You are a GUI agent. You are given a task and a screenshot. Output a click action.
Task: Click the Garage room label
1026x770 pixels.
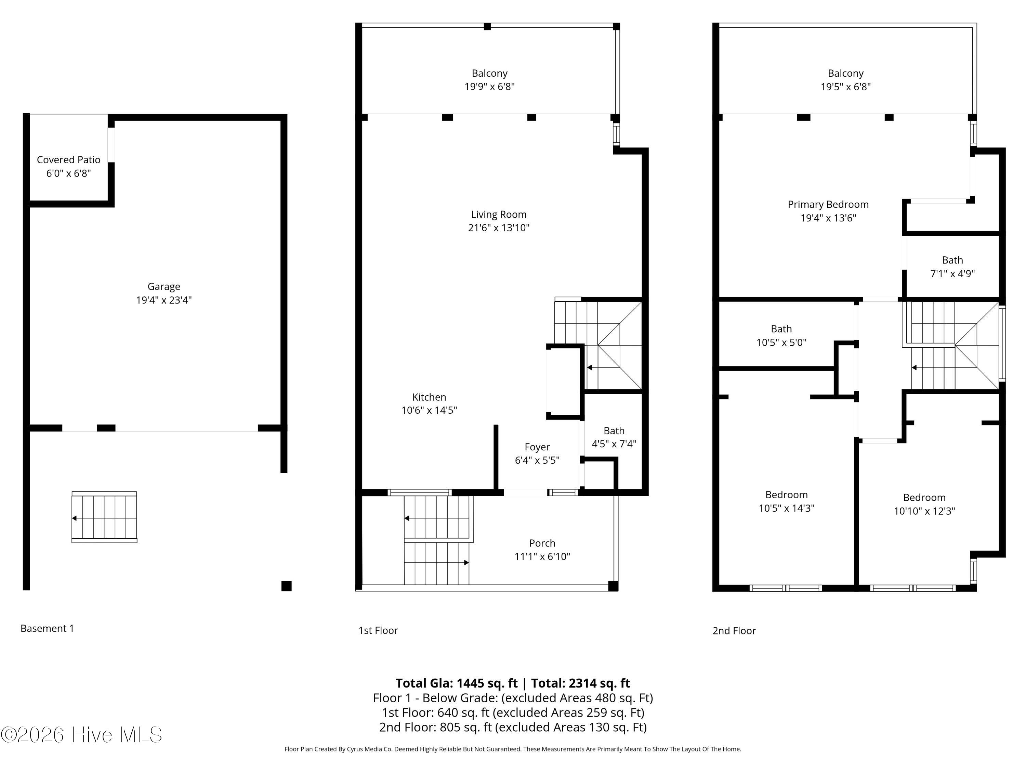tap(164, 287)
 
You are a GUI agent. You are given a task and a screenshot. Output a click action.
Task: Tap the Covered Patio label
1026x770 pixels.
tap(69, 160)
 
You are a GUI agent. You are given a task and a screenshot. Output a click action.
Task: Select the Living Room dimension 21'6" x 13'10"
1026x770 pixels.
tap(499, 228)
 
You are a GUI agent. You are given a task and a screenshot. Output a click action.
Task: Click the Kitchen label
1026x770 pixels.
tap(429, 397)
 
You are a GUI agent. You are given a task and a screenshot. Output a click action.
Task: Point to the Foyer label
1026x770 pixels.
tap(537, 447)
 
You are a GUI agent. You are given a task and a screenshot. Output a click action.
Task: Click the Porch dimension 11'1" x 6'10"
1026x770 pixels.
tap(542, 556)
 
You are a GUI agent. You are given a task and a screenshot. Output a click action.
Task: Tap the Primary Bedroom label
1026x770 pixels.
tap(828, 205)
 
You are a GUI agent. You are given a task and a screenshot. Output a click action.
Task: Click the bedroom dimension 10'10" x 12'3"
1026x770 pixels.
tap(924, 511)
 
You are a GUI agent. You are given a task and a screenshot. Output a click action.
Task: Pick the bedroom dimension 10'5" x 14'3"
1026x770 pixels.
tap(786, 508)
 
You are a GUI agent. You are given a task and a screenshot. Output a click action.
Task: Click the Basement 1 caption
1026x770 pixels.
tap(47, 628)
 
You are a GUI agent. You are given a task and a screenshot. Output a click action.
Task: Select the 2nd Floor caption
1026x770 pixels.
tap(734, 631)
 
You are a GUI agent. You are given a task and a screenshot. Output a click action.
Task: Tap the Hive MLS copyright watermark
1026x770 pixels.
tap(82, 735)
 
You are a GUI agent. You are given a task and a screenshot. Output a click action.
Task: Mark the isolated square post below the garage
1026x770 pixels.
tap(287, 586)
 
